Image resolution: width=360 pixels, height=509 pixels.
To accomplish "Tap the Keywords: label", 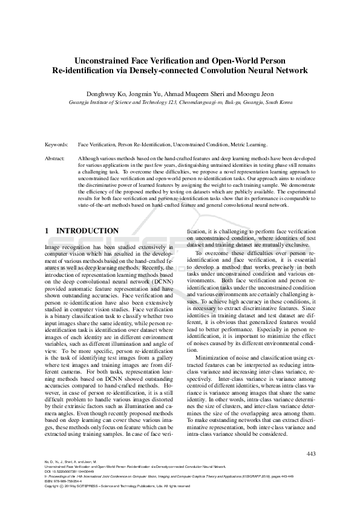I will [56, 146].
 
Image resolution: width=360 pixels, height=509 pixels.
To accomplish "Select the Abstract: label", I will [55, 158].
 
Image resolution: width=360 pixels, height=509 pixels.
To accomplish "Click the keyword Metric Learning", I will [249, 146].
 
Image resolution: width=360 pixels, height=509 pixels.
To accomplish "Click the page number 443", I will [312, 453].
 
